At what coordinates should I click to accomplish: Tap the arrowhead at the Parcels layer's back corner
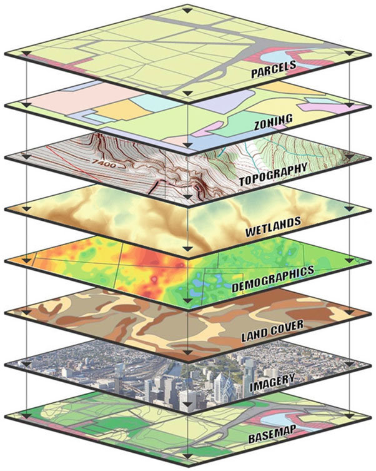[187, 11]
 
